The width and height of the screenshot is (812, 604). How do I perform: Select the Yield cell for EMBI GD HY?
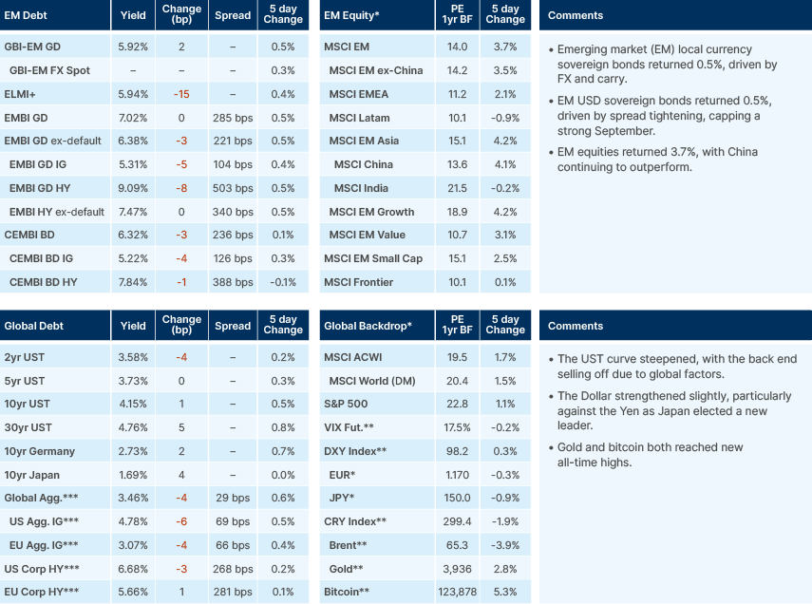click(x=133, y=188)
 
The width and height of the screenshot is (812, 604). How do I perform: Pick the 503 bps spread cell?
click(x=233, y=188)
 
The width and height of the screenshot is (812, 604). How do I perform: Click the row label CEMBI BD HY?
click(x=44, y=282)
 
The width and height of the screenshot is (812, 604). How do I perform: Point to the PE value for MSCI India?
click(x=457, y=188)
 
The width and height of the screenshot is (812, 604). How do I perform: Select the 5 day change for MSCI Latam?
click(x=506, y=118)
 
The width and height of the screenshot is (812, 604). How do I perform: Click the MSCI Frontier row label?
click(x=359, y=282)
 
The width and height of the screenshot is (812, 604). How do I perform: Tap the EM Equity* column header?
click(x=352, y=15)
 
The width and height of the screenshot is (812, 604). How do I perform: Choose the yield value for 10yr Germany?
click(x=133, y=451)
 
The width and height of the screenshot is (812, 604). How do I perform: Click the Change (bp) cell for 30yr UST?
click(x=182, y=427)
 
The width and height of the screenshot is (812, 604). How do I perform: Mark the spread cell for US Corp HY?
click(x=233, y=569)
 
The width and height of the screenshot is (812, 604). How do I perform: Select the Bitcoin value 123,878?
click(x=457, y=593)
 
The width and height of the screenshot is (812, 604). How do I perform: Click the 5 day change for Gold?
click(x=506, y=569)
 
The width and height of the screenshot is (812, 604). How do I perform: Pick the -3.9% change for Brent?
click(x=506, y=545)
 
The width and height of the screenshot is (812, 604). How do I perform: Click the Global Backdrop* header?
click(x=368, y=326)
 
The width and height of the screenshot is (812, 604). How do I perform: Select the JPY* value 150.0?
click(x=457, y=498)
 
